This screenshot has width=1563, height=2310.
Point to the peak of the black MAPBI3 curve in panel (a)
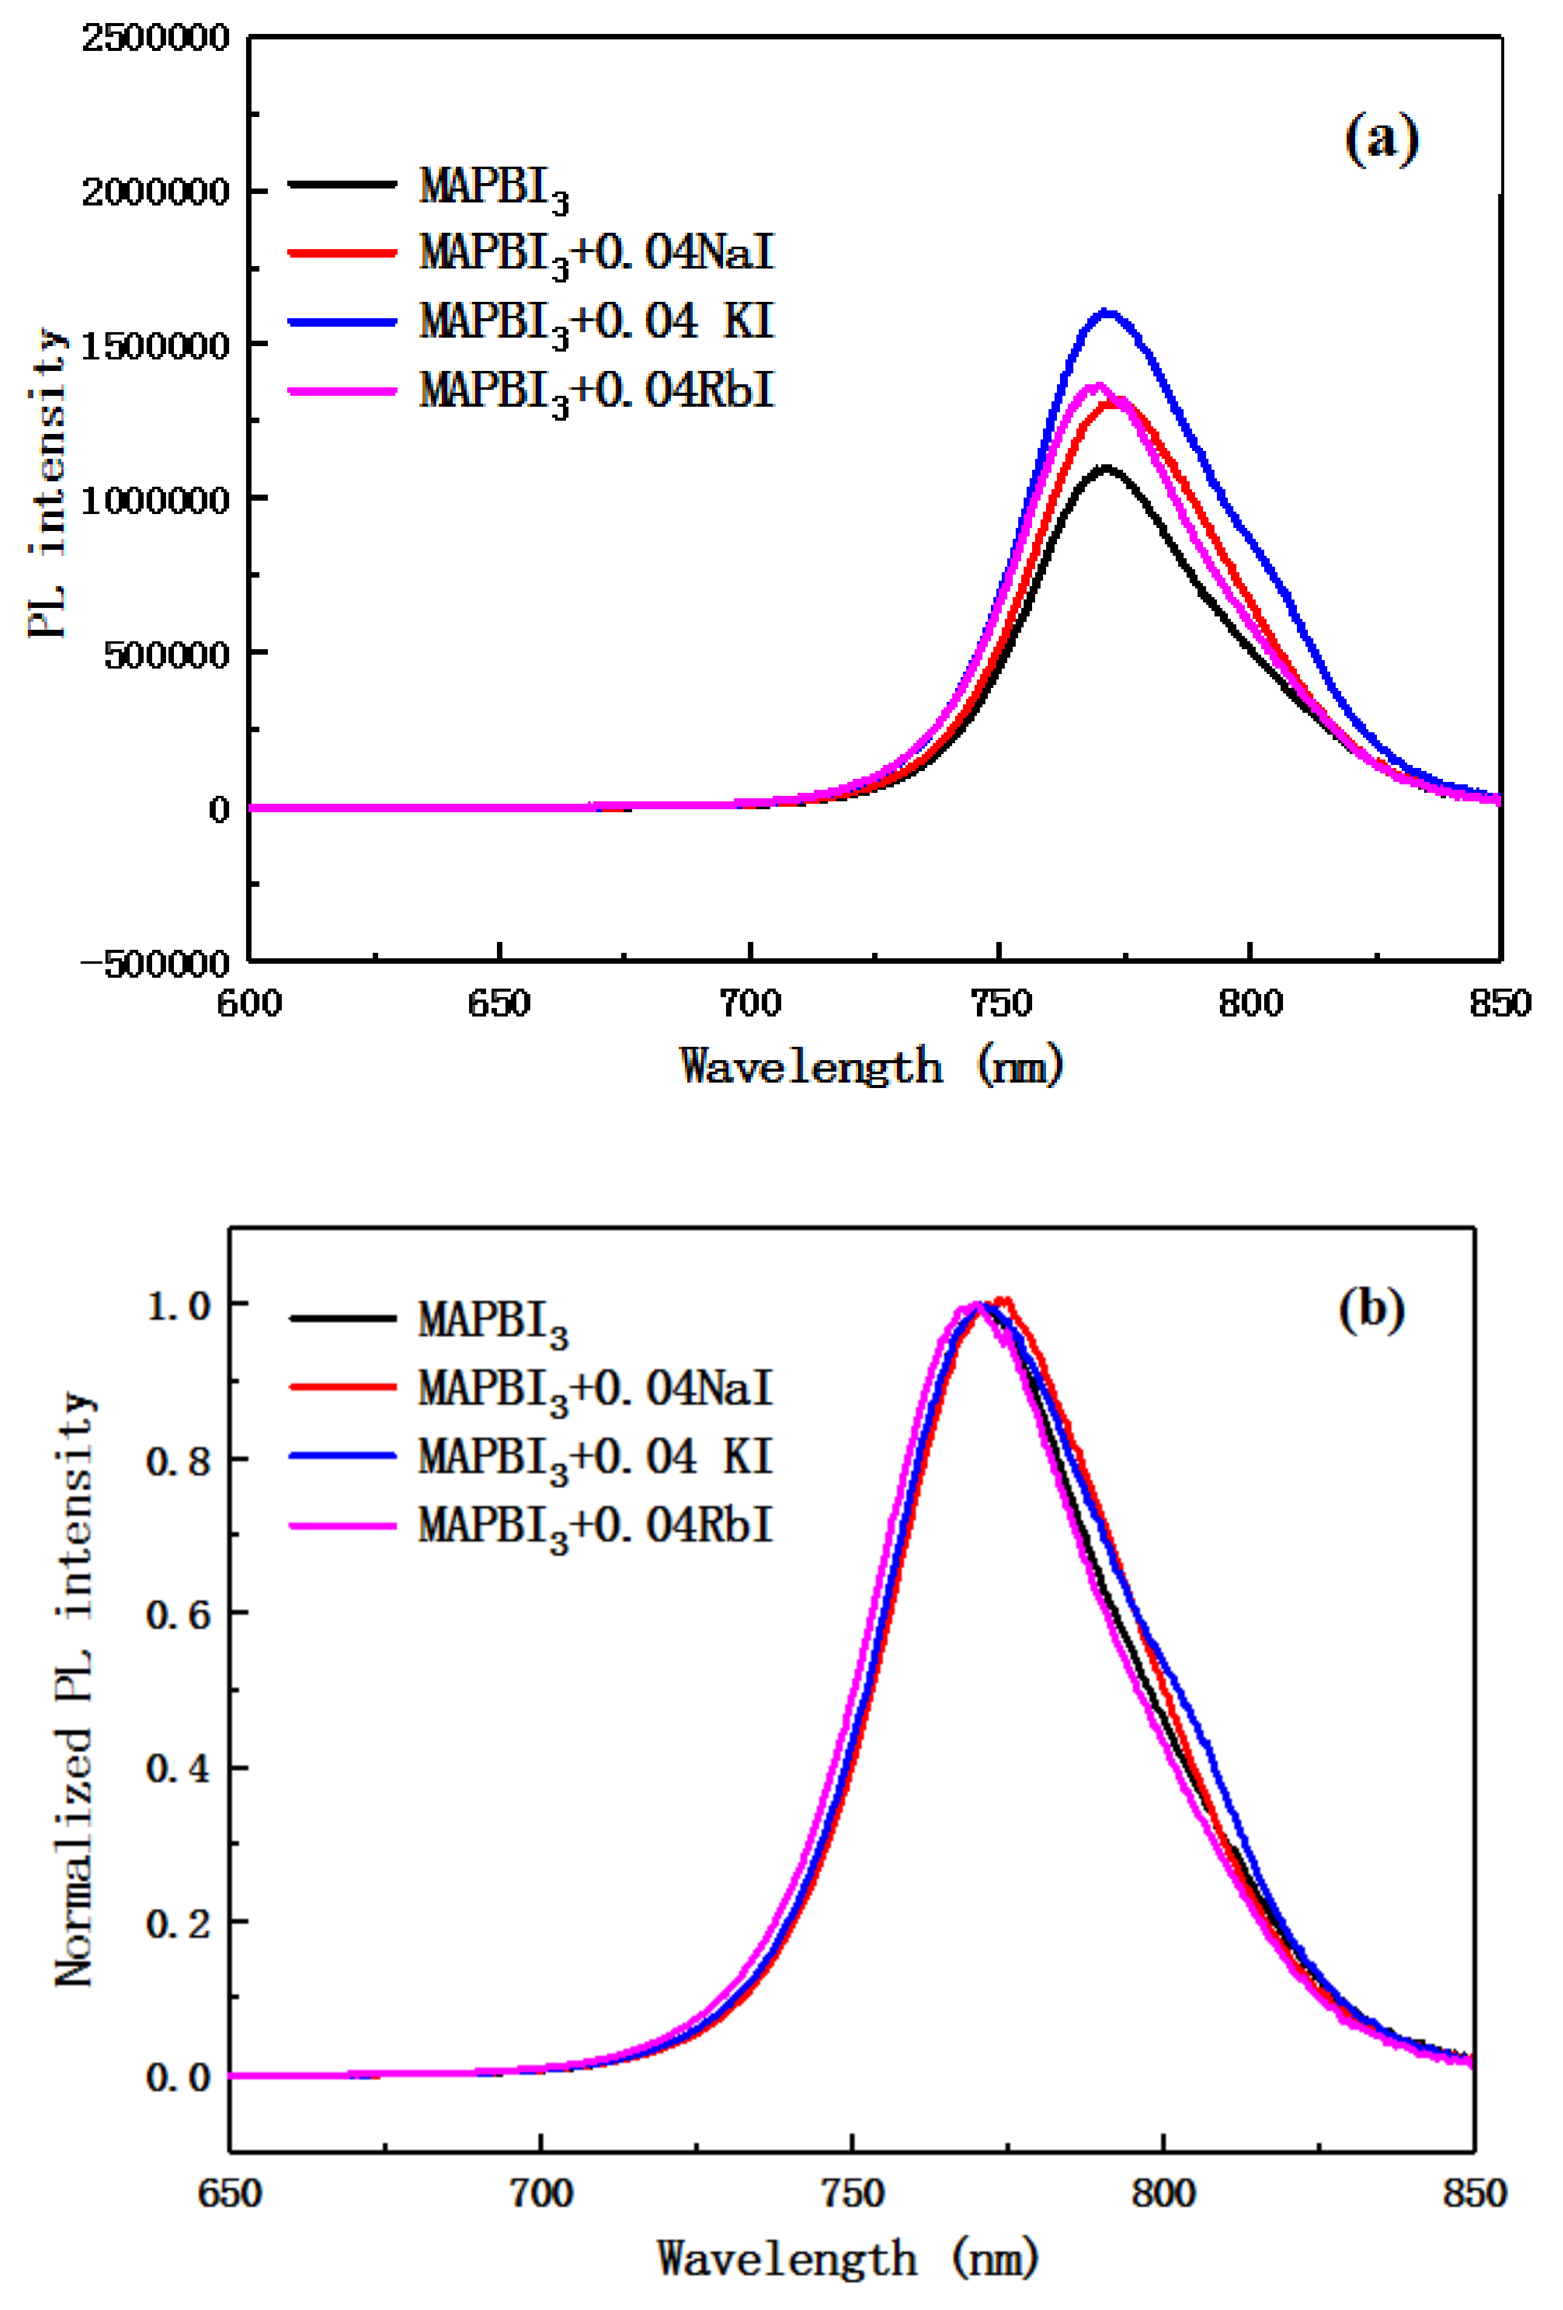(1105, 467)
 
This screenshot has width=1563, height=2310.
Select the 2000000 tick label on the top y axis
(155, 191)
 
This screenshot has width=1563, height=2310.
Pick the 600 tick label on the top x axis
(250, 1003)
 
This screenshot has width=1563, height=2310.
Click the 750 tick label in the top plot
(999, 1003)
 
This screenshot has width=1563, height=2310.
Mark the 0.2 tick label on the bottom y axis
(179, 1923)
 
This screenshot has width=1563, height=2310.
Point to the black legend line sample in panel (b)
(343, 1318)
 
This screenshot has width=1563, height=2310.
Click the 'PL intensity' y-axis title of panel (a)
(47, 484)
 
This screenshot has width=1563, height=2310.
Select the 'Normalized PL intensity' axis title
(75, 1690)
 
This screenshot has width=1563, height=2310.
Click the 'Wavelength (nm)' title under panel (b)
(848, 2258)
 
